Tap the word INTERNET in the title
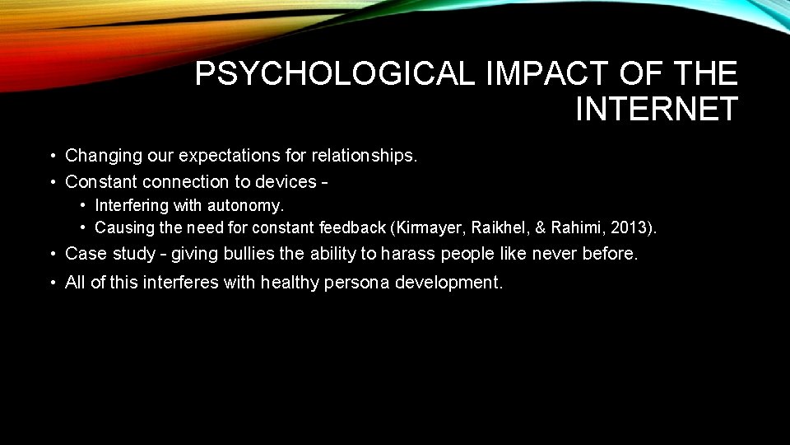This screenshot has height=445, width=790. click(656, 109)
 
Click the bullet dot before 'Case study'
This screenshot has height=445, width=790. click(52, 254)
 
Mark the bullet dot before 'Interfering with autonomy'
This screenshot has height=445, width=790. click(84, 204)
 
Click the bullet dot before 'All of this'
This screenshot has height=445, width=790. click(52, 283)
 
